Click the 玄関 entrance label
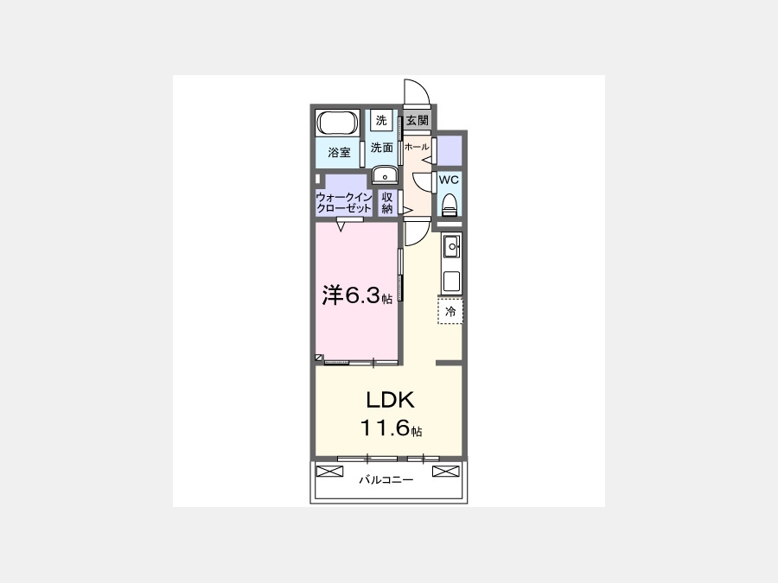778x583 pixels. pos(417,120)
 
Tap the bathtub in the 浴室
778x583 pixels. pos(338,123)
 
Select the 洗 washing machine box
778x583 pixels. pos(381,120)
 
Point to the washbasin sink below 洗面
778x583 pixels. pos(385,175)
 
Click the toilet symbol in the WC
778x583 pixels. pos(449,204)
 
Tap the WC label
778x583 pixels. pos(449,180)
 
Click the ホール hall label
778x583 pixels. pos(417,147)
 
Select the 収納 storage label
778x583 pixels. pos(387,203)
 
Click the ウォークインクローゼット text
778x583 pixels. pos(343,203)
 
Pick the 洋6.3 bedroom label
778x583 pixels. pos(357,295)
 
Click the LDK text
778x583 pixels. pos(390,400)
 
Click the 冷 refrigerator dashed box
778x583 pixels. pos(450,311)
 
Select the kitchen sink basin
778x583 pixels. pos(451,246)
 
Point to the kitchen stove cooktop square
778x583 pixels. pos(451,282)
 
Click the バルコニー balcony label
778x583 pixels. pos(386,480)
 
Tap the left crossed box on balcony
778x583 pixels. pos(330,471)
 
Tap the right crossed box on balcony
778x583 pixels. pos(446,471)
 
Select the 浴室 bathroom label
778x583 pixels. pos(340,153)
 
